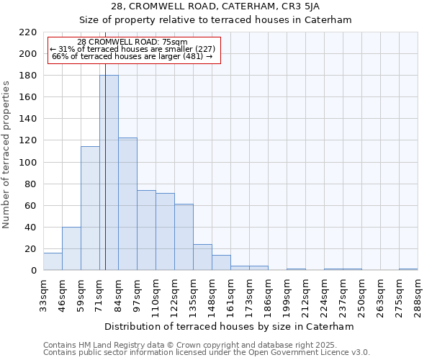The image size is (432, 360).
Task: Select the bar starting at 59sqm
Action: click(x=90, y=209)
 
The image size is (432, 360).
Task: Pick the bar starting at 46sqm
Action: click(x=71, y=248)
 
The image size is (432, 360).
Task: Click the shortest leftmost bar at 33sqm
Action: click(x=53, y=262)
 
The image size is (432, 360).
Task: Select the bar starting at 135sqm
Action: click(x=202, y=258)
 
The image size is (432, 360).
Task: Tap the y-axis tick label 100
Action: click(x=28, y=163)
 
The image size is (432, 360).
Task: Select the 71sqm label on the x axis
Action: click(x=100, y=294)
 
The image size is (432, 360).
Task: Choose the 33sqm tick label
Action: click(x=44, y=294)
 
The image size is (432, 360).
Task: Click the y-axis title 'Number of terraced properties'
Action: click(x=7, y=155)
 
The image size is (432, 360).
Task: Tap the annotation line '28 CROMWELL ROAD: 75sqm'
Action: click(x=132, y=42)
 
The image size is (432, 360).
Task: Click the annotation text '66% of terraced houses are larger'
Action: click(x=132, y=56)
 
